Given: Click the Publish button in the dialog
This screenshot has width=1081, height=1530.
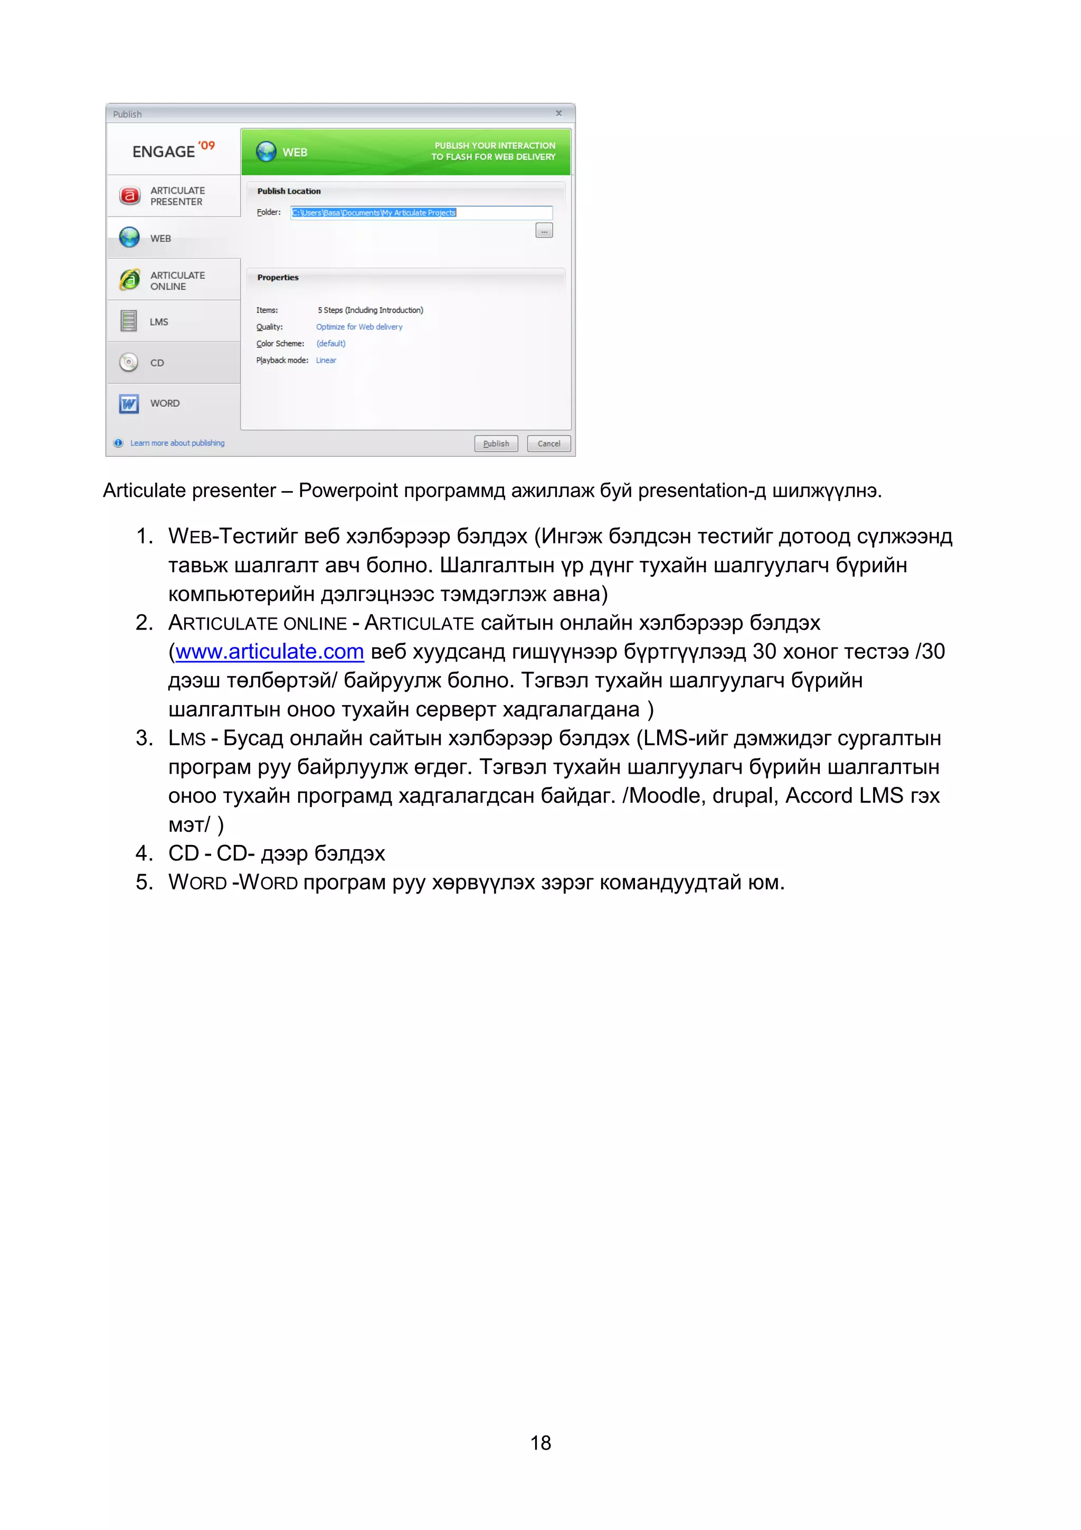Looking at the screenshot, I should [496, 443].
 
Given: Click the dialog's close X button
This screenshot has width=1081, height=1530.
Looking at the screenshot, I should [559, 113].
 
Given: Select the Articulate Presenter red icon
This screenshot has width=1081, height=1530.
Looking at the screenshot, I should [129, 196].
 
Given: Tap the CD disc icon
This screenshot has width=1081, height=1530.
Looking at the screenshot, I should [129, 362].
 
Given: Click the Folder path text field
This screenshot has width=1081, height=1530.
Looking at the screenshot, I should [421, 213].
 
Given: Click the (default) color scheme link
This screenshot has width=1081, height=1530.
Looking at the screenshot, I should [330, 344].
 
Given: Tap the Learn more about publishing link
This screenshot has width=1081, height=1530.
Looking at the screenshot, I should [177, 443].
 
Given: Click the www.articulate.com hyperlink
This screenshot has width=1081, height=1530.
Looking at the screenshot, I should [269, 652].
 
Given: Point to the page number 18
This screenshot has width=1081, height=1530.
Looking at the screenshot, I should [540, 1443].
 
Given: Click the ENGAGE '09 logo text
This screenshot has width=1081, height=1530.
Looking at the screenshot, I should [173, 151].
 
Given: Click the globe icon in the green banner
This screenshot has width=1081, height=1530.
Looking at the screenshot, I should [265, 152].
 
